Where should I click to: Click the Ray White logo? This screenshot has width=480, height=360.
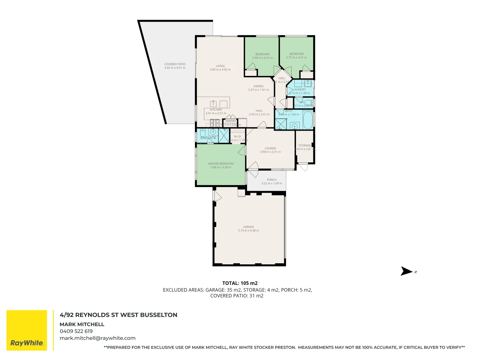point(27,330)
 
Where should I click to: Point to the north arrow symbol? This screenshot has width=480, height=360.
point(407,271)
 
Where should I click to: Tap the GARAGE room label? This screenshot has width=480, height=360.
point(249,227)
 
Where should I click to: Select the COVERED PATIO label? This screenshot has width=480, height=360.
point(175,64)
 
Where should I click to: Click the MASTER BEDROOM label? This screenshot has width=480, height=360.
point(221,164)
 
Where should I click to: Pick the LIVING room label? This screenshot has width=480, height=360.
point(220,66)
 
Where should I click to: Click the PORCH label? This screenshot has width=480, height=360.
point(272,180)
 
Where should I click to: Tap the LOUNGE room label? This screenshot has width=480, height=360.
point(270,148)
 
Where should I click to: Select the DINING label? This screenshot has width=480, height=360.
point(258,86)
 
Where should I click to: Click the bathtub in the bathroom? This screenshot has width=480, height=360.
point(308,120)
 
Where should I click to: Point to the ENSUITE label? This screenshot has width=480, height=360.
point(208,138)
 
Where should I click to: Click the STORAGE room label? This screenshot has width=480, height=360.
point(304,145)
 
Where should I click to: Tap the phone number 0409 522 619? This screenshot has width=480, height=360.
point(76,331)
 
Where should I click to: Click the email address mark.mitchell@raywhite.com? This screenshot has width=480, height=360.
point(97,338)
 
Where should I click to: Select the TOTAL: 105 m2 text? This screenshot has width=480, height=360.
point(240,283)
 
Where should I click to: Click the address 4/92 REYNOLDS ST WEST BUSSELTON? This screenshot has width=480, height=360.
point(118,315)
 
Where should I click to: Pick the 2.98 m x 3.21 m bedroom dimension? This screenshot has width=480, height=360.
point(262,58)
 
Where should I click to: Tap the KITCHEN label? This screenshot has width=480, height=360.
point(216,110)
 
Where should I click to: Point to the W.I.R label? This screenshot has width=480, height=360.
point(237,136)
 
